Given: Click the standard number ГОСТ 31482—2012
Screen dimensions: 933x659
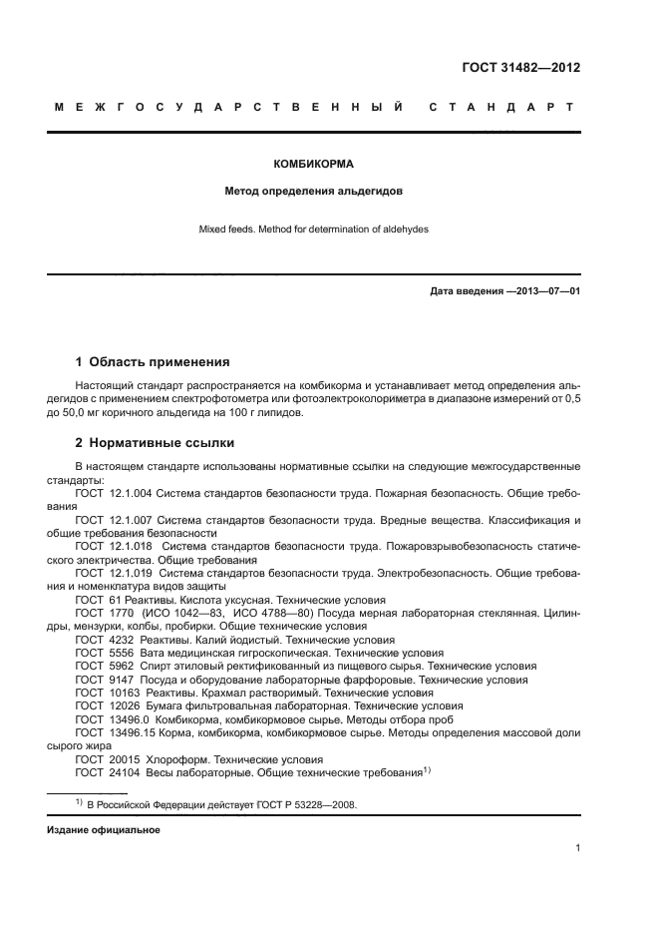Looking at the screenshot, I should (x=521, y=68).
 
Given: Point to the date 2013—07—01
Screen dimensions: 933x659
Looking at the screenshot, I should (x=545, y=292).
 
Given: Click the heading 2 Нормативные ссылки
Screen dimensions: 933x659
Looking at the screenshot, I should (x=155, y=443).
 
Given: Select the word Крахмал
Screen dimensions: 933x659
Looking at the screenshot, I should (x=233, y=692).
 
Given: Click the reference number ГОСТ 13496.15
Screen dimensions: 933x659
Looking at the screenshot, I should (x=113, y=732).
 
